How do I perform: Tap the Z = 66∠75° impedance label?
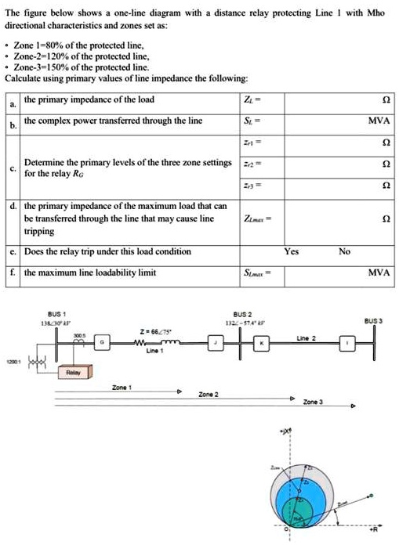(x=153, y=330)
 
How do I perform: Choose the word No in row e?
(x=343, y=251)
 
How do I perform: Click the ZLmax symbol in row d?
(x=252, y=220)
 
